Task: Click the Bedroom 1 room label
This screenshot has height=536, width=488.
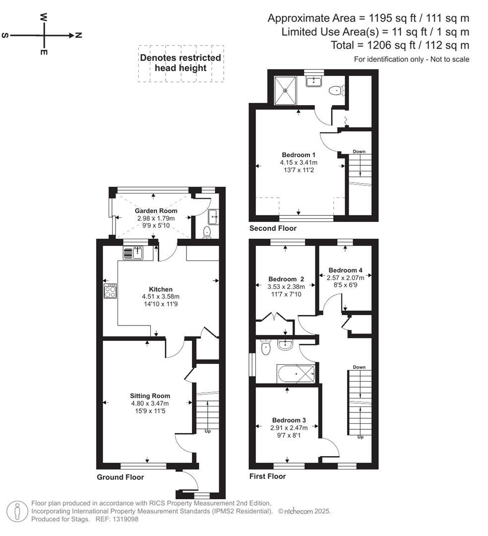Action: click(x=299, y=154)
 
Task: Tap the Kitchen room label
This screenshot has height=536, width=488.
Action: click(x=161, y=289)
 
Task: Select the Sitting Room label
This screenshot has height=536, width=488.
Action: click(x=150, y=396)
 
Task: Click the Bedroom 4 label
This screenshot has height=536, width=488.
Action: click(x=345, y=270)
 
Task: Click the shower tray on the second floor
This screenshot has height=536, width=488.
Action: click(x=285, y=90)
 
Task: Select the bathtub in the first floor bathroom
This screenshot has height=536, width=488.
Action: click(x=296, y=373)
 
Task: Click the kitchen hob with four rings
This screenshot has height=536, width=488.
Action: click(x=110, y=290)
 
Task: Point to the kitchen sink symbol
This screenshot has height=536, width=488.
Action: click(x=132, y=253)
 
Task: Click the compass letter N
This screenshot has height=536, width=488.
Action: click(x=78, y=35)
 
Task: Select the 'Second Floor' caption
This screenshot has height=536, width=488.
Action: click(x=273, y=228)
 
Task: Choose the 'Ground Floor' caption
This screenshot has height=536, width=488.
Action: click(x=121, y=477)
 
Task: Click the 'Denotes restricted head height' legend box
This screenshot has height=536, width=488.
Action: click(x=181, y=63)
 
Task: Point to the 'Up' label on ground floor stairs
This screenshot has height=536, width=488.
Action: click(x=207, y=431)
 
